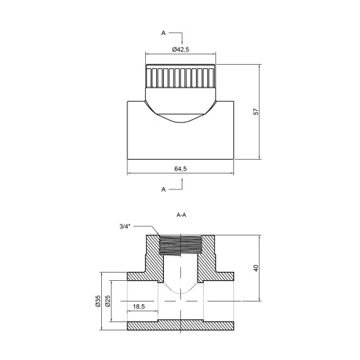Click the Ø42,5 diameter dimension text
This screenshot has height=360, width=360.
[180, 49]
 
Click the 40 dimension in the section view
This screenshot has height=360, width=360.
[255, 268]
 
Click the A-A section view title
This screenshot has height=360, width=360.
[182, 215]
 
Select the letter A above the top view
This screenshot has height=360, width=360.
[164, 32]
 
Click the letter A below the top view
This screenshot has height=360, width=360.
[164, 187]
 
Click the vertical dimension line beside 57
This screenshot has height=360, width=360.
[261, 113]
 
